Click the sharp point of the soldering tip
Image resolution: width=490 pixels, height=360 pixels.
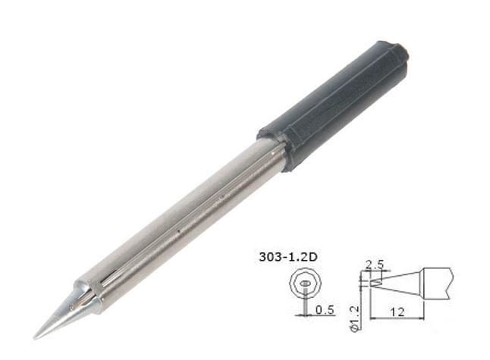[35, 337]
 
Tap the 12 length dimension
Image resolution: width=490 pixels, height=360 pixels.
[404, 309]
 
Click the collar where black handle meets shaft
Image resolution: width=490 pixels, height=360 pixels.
[275, 152]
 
